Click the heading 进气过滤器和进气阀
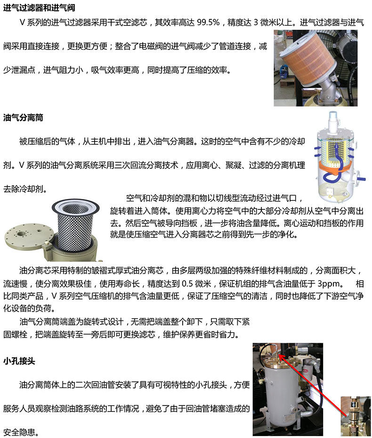(x=39, y=8)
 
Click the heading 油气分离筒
(x=23, y=117)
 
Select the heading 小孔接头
(x=19, y=361)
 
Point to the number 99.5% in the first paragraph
(x=208, y=22)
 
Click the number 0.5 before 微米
(x=187, y=284)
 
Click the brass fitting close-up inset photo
(x=356, y=416)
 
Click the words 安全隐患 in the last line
(x=19, y=432)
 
